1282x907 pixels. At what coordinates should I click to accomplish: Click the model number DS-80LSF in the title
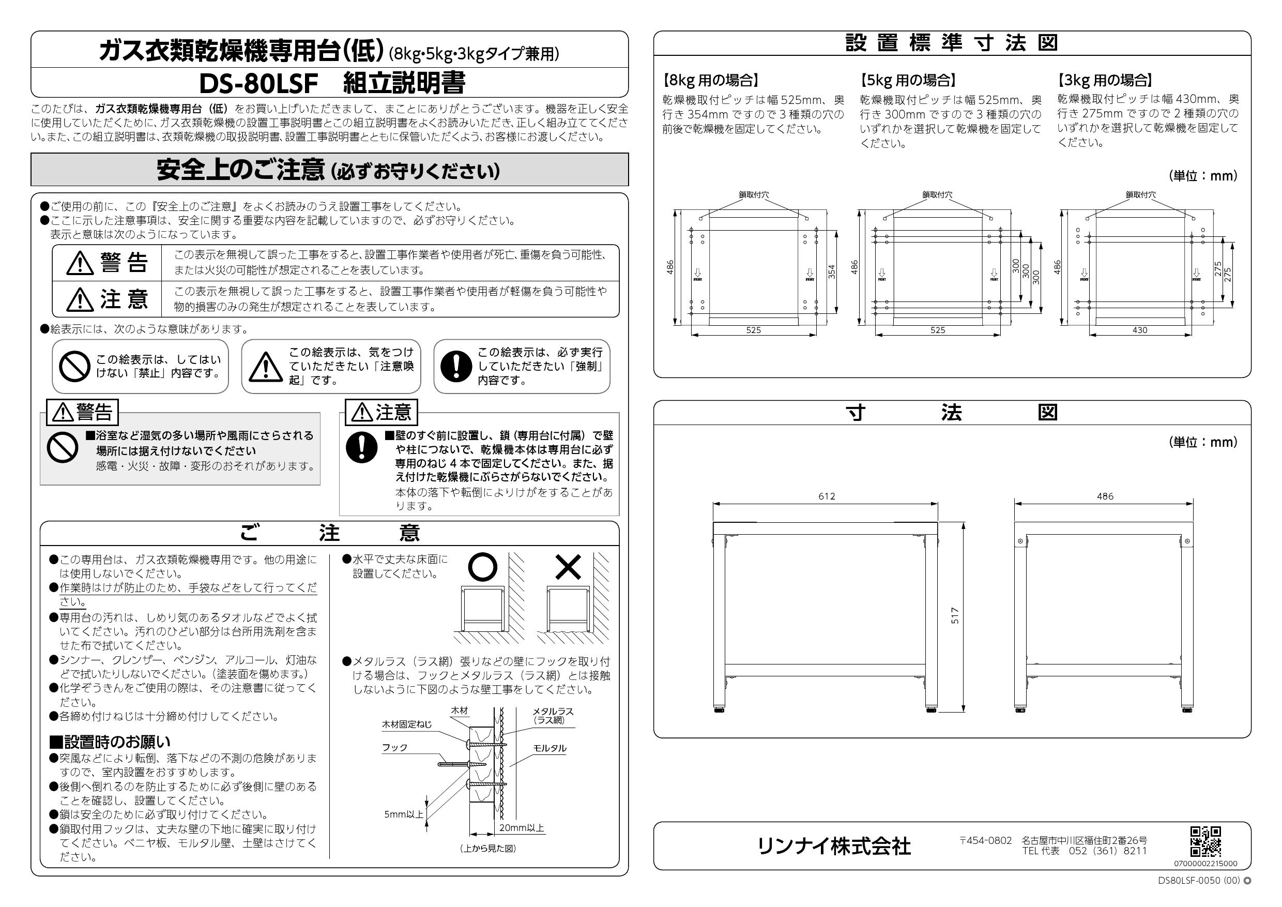click(258, 83)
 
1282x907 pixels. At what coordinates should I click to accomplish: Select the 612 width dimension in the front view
click(827, 496)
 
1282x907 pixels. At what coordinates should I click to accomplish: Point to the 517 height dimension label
click(955, 615)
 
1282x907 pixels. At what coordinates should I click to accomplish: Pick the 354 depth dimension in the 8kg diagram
click(831, 271)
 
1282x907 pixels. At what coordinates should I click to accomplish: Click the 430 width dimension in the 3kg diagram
click(1140, 330)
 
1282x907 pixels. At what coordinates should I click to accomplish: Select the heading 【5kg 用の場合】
click(908, 81)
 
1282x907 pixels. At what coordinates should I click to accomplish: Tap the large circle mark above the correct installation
click(482, 567)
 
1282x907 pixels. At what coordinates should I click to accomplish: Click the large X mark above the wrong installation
click(569, 567)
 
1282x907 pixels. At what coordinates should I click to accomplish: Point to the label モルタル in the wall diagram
click(550, 748)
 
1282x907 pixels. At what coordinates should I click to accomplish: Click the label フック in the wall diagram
click(395, 747)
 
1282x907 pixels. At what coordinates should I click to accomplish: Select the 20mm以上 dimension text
click(522, 828)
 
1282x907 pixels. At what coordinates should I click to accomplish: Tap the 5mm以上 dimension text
click(404, 814)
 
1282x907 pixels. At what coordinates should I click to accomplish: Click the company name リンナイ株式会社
click(833, 846)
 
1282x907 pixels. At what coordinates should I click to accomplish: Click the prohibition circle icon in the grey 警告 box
click(63, 447)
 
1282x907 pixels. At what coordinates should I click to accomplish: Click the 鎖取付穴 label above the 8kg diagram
click(754, 195)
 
